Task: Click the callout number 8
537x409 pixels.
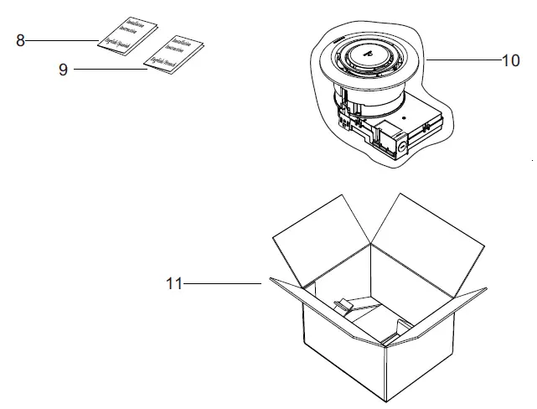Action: click(19, 39)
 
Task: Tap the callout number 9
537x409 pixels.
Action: click(63, 70)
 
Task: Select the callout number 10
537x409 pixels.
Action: click(510, 61)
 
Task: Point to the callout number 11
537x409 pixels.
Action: click(173, 284)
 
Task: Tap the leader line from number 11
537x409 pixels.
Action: click(222, 284)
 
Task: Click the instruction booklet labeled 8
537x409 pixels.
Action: click(125, 34)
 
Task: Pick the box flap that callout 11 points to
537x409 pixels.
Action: click(289, 293)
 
